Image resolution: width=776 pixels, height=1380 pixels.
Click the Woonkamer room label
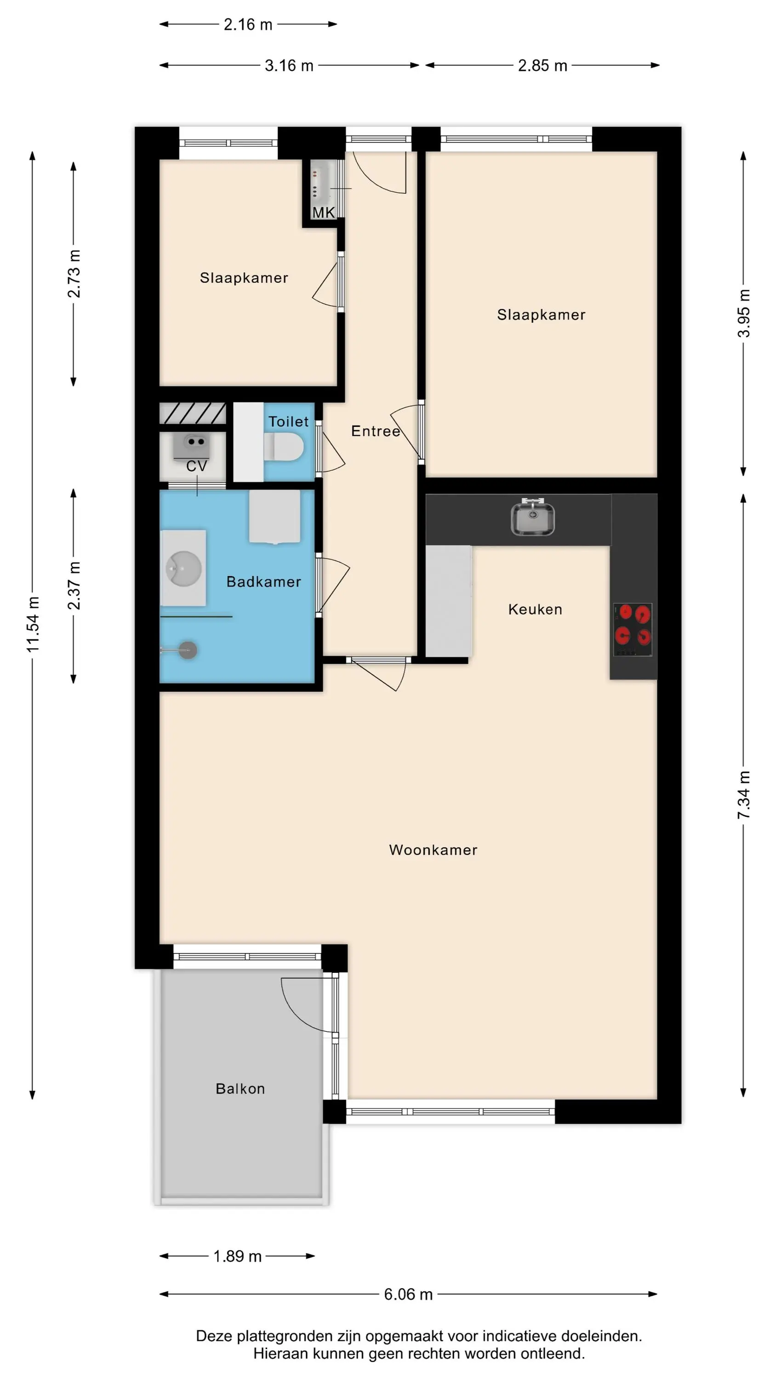click(x=433, y=850)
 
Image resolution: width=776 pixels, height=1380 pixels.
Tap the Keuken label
click(x=535, y=609)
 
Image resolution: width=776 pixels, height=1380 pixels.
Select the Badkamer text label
click(x=263, y=582)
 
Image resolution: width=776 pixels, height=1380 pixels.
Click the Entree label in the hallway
click(x=376, y=431)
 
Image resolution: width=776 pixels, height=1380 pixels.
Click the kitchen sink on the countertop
click(x=532, y=517)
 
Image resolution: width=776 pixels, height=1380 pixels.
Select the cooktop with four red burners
click(x=633, y=629)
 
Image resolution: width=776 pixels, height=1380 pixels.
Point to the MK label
click(x=324, y=213)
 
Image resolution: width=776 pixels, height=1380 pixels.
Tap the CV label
click(x=197, y=466)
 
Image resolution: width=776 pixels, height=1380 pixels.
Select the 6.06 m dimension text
click(x=408, y=1294)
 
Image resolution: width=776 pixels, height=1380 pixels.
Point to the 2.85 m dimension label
click(x=542, y=66)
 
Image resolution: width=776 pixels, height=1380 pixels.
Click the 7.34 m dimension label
click(x=744, y=795)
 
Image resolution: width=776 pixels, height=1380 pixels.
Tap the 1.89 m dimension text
click(x=237, y=1256)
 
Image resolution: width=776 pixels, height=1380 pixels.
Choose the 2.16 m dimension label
click(x=248, y=25)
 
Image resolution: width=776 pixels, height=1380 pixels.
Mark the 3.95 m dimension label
click(x=744, y=313)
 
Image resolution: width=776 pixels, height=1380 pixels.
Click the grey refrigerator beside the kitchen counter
click(x=449, y=601)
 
